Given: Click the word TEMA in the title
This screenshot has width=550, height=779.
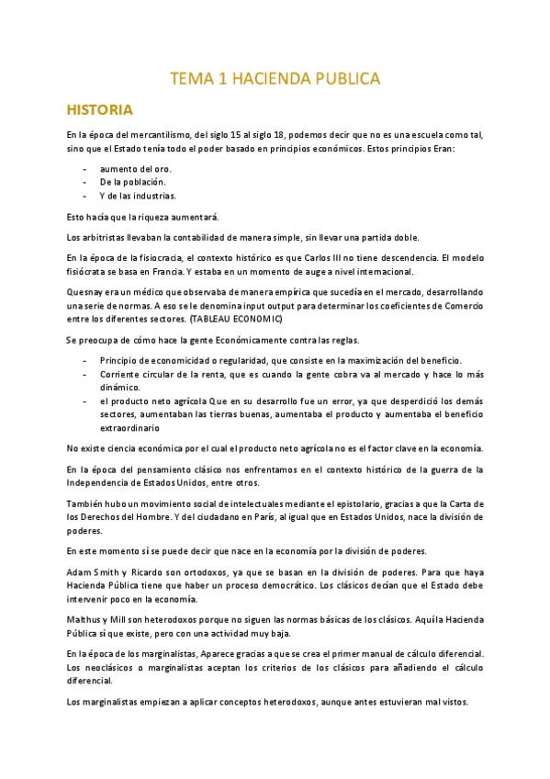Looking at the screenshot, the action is point(188,80).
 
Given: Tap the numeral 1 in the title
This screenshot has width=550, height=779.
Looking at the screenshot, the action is point(221,80).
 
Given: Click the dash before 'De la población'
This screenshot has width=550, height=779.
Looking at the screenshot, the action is point(84,182).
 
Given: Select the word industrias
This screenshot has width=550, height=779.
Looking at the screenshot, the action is point(155,196).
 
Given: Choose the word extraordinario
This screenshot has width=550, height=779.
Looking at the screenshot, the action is point(129,427).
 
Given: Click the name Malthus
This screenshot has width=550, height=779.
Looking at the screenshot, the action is point(84,618).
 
